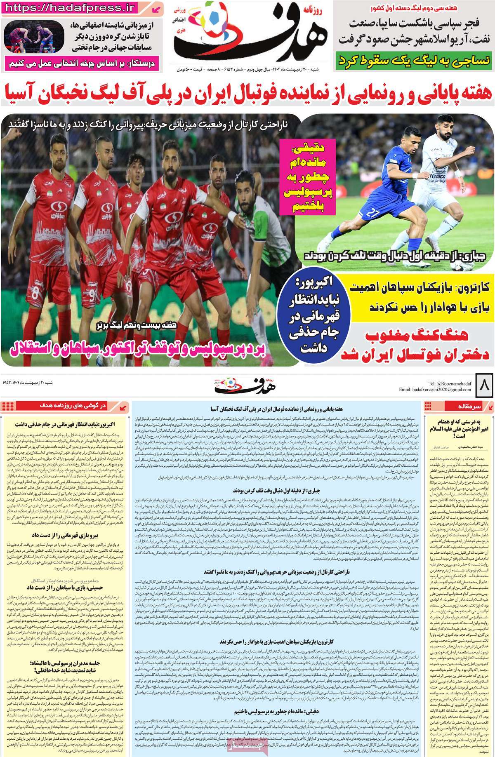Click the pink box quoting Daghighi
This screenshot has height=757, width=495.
click(304, 178)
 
